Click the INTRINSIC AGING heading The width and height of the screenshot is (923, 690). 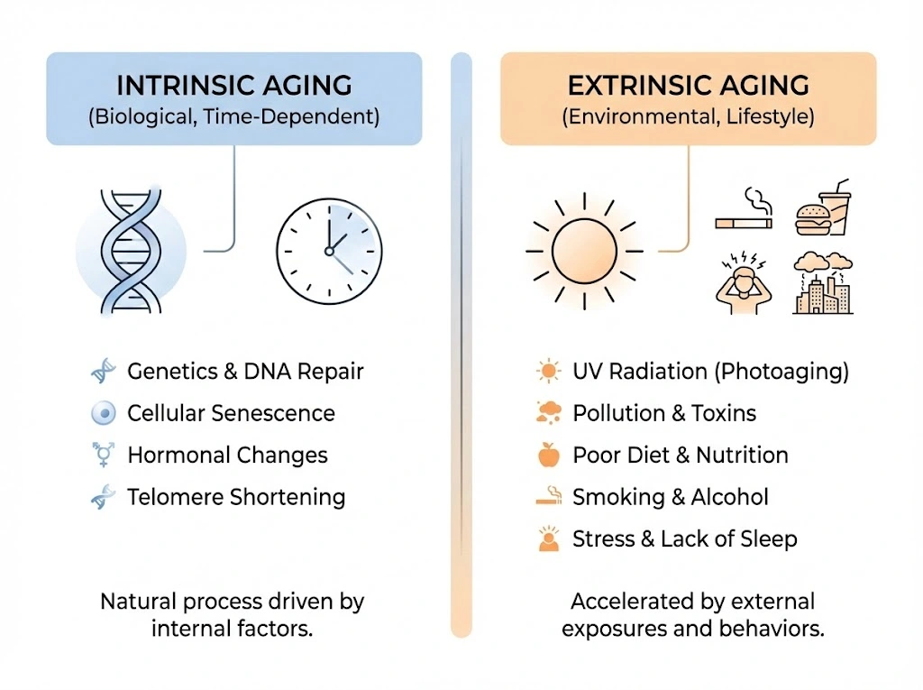tap(234, 86)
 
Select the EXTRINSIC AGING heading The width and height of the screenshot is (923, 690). tap(688, 86)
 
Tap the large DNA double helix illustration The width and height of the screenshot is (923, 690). tap(131, 251)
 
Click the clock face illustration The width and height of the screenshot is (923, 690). tap(329, 251)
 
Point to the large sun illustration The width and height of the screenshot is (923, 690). tap(584, 251)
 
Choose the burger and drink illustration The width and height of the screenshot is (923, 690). tap(823, 208)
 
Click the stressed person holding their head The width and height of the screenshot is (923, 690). tap(744, 283)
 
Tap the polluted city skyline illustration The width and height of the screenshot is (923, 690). tap(823, 283)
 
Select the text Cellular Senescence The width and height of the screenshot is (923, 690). tap(231, 413)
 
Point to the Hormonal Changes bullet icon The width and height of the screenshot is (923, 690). tap(104, 455)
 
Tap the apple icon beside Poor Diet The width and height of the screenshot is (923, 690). tap(549, 455)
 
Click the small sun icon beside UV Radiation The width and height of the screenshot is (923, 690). tap(549, 372)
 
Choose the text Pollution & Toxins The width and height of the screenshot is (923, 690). tap(664, 413)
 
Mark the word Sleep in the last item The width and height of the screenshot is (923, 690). tap(769, 539)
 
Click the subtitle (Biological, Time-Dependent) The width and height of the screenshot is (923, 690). tap(234, 116)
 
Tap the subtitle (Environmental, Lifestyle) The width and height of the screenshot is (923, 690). tap(688, 116)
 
